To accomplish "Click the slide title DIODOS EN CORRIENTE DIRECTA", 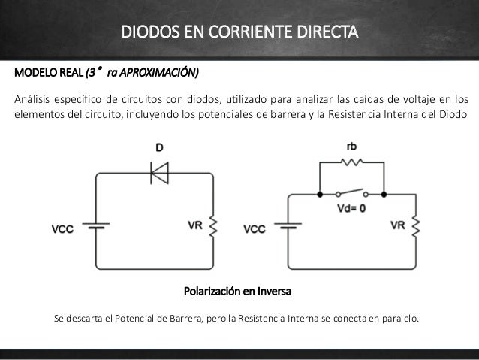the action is [240, 34].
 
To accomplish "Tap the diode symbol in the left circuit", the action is [158, 174].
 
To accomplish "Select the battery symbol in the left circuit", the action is [96, 226].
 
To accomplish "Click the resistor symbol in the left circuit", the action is [212, 225].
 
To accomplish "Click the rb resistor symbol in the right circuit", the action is [351, 162].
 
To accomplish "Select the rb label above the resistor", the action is [351, 147].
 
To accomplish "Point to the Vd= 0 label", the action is [351, 209].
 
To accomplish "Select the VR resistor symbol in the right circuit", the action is [415, 225].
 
